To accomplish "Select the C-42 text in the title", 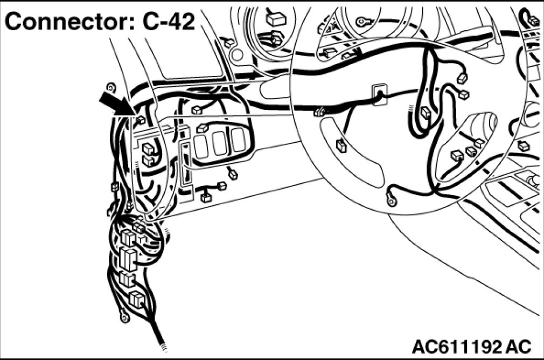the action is click(169, 22).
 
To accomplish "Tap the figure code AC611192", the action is click(457, 347).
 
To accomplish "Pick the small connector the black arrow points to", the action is click(141, 120).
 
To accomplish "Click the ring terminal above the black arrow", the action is click(111, 86).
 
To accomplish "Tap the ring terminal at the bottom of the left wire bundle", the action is click(123, 317).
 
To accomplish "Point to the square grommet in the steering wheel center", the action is click(379, 94).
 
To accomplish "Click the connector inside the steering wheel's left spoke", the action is click(341, 146).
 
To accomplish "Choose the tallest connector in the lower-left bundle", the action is click(128, 259).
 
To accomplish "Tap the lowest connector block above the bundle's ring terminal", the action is click(136, 300).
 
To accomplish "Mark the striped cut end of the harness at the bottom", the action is click(163, 347).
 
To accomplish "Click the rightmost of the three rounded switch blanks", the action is click(239, 140).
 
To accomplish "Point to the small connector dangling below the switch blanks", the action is click(233, 174).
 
